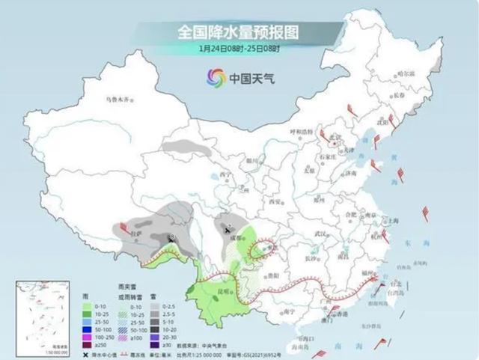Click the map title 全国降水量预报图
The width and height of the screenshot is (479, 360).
[x=239, y=32]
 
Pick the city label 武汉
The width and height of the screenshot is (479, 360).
[x=323, y=234]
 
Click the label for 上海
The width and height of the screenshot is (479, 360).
[x=388, y=222]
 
